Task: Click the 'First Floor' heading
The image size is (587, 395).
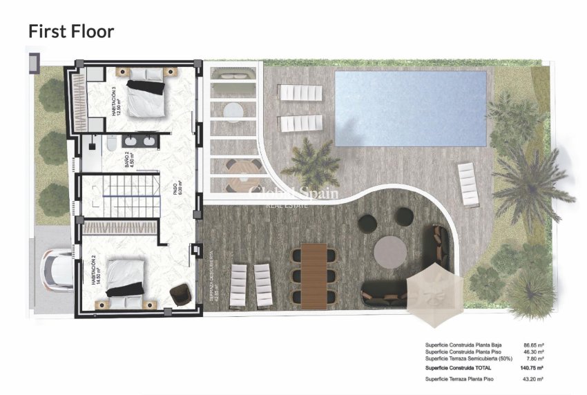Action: tap(70, 31)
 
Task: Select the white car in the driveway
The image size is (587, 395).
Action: tap(55, 270)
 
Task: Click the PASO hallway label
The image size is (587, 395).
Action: tap(177, 189)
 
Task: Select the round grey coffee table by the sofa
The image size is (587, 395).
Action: tap(391, 252)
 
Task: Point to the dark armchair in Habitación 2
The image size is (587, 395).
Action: tap(180, 293)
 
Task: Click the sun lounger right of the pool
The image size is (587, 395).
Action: tap(469, 184)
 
